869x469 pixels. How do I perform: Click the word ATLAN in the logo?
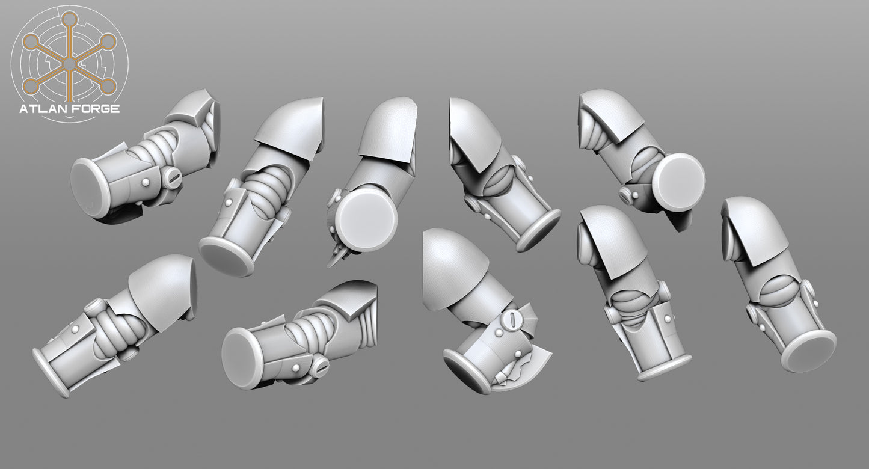tap(43, 109)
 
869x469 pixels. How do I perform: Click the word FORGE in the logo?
tap(95, 109)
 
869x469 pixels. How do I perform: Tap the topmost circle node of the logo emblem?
tap(69, 18)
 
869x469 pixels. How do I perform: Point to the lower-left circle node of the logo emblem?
tap(30, 85)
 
